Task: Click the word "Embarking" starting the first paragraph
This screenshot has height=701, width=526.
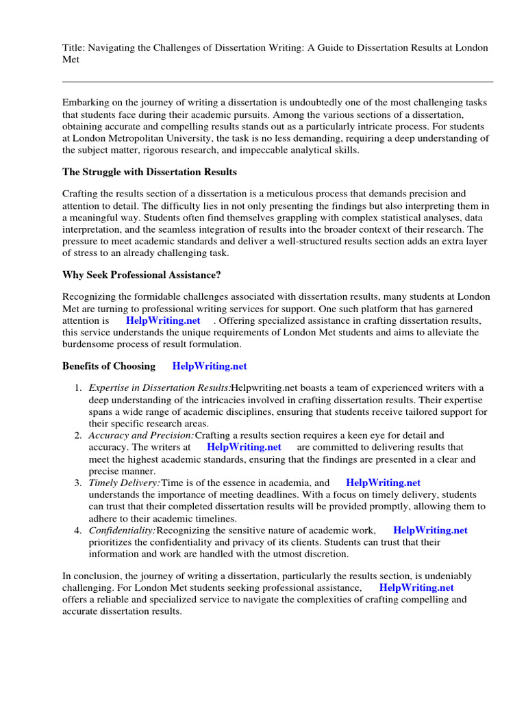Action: point(85,102)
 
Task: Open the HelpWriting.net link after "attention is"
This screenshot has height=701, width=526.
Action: point(163,320)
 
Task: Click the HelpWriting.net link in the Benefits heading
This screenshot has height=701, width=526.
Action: point(210,366)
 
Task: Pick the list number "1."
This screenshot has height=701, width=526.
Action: point(79,388)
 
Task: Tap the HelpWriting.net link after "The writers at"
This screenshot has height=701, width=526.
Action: point(244,447)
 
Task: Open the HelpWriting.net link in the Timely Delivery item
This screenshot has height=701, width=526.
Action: point(383,483)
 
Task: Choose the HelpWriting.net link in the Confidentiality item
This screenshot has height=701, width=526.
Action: point(430,530)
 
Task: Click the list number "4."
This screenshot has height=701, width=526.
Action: point(79,530)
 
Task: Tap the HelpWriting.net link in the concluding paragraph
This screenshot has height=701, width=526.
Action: point(416,587)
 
